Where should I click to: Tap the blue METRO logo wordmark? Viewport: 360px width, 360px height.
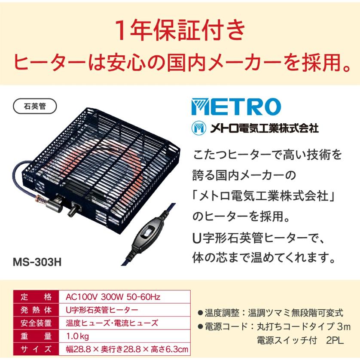236,107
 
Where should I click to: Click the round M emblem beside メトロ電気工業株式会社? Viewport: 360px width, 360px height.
199,128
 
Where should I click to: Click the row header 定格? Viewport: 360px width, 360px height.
36,297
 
